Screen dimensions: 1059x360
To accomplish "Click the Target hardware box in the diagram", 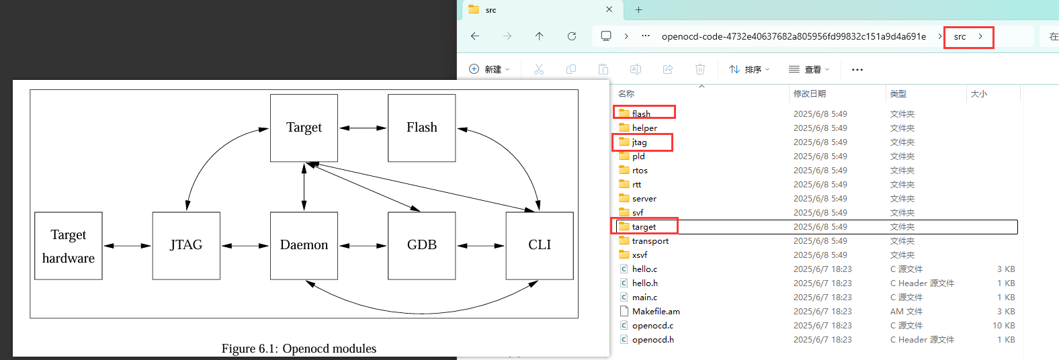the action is click(69, 246).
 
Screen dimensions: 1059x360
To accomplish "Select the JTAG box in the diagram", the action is click(186, 246).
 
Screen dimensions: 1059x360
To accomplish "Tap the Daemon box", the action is click(304, 246).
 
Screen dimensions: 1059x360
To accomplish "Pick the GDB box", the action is click(422, 246).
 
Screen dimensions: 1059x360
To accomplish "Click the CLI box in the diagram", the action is click(540, 246).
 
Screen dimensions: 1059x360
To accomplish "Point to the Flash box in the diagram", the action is click(422, 128).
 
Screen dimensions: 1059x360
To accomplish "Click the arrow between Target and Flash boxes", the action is click(363, 128).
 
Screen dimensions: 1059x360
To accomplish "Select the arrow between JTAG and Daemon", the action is click(245, 246).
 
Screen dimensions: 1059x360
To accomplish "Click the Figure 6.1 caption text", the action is click(299, 349).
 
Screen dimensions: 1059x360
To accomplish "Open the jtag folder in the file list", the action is click(639, 142).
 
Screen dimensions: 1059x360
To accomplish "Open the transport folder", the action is click(650, 241).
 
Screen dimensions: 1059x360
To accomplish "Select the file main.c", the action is click(644, 298).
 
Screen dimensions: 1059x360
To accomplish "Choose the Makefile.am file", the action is click(655, 312).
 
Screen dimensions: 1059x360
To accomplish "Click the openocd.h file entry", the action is click(652, 340).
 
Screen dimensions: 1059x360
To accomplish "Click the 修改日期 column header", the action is click(810, 94).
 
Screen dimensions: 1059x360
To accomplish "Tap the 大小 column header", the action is click(979, 94).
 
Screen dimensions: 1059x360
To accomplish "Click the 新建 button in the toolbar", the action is click(489, 69).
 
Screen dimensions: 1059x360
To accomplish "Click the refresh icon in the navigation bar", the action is click(572, 36).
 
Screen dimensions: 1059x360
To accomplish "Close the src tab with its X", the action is click(609, 9).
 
